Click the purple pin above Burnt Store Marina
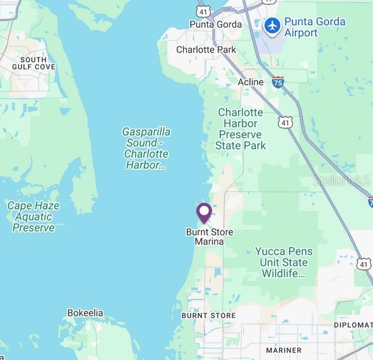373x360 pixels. tap(204, 212)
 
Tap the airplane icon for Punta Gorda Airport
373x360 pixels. tap(272, 27)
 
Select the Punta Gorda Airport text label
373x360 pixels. tap(314, 27)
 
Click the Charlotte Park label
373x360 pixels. tap(206, 50)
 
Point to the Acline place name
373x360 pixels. tap(251, 83)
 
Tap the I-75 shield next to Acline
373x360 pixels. tap(278, 81)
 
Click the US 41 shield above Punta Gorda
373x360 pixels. tap(203, 11)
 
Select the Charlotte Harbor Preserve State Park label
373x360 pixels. tap(240, 129)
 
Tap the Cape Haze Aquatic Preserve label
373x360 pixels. tap(33, 216)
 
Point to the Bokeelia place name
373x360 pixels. tap(85, 313)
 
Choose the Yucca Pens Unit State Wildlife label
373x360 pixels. tap(283, 262)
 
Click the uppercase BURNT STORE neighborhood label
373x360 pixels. tap(208, 315)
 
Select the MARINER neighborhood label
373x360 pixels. tap(283, 350)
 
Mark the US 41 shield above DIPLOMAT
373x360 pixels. tap(364, 264)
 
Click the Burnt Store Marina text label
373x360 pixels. tap(209, 237)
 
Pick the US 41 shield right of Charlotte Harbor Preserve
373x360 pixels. tap(287, 122)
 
